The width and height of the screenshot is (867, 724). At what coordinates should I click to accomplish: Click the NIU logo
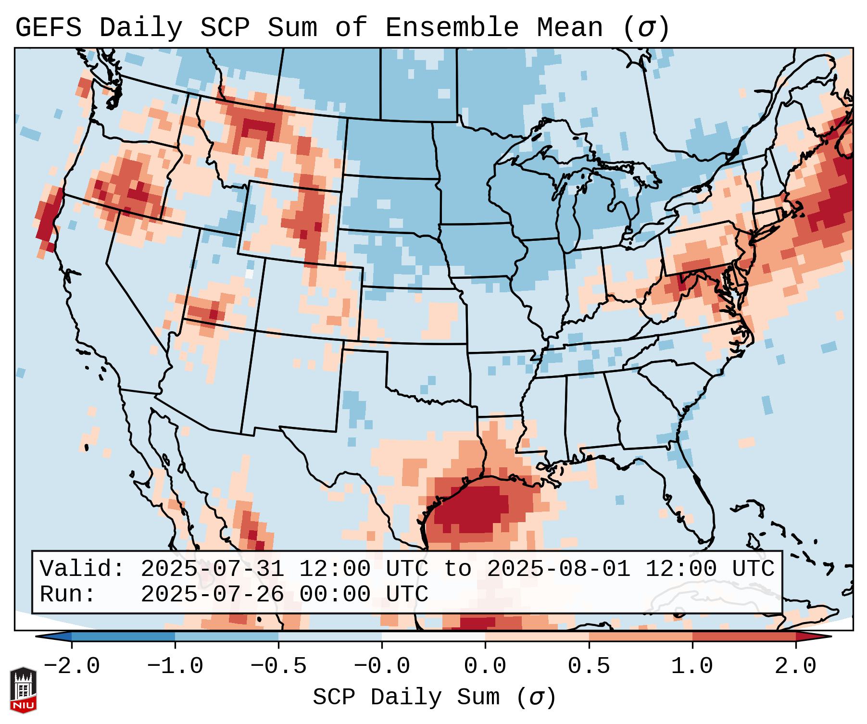tap(23, 690)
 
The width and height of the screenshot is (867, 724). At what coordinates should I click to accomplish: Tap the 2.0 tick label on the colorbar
tap(795, 666)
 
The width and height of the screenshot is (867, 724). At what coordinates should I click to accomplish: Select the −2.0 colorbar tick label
tap(72, 666)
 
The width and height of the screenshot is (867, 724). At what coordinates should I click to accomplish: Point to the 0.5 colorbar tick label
tap(589, 666)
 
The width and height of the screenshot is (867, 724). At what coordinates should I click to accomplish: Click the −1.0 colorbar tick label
tap(175, 666)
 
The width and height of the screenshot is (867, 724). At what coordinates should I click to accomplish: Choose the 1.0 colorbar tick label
tap(692, 666)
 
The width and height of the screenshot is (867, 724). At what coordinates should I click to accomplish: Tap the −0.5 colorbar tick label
tap(278, 666)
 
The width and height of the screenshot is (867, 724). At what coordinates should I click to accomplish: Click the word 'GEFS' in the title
tap(49, 28)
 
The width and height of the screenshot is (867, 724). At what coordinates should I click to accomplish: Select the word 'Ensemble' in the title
tap(452, 28)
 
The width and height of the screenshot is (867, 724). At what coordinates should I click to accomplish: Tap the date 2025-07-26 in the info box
tap(213, 595)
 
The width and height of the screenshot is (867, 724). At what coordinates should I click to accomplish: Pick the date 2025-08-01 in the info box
tap(559, 569)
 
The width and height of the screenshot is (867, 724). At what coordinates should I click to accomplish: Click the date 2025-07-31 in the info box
tap(213, 569)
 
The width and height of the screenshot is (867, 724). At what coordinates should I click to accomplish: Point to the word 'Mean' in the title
tap(570, 28)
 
